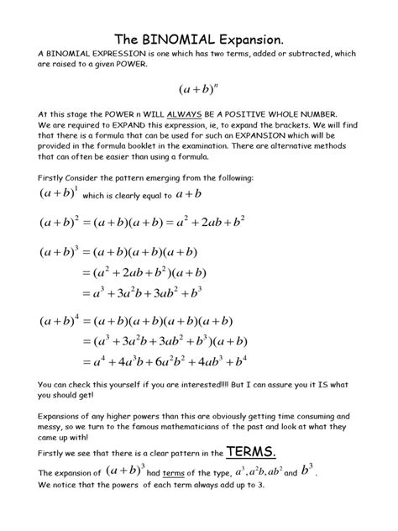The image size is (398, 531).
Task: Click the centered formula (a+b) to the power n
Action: pyautogui.click(x=199, y=87)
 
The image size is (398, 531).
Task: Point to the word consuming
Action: pyautogui.click(x=334, y=417)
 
